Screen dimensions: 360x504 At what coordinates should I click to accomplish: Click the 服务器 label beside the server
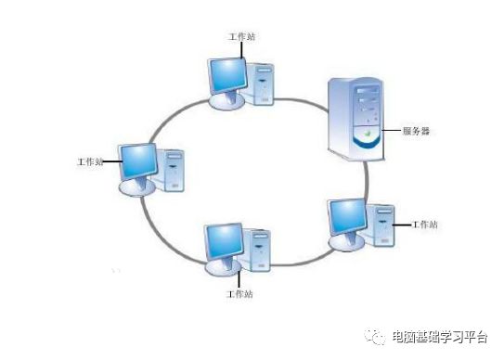tap(415, 131)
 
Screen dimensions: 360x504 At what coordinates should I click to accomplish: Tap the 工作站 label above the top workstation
tap(241, 36)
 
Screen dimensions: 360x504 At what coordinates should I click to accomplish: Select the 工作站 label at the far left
tap(90, 161)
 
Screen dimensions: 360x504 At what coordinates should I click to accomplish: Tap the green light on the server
tap(368, 134)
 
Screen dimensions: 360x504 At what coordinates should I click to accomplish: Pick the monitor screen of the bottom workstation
tap(226, 239)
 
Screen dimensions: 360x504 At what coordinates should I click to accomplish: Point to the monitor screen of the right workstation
tap(349, 216)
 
